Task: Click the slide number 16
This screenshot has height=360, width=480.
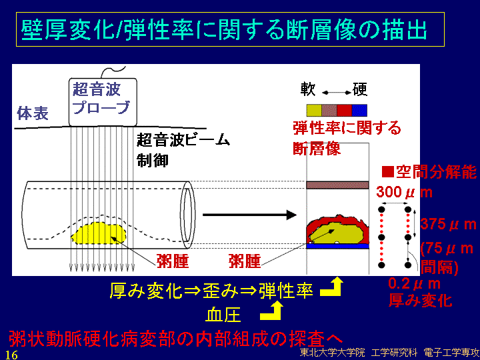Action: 11,355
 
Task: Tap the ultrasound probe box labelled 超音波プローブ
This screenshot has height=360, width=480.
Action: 103,102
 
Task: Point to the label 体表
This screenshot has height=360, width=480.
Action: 33,113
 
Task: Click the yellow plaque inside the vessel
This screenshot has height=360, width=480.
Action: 99,233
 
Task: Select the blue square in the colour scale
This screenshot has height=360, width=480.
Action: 359,111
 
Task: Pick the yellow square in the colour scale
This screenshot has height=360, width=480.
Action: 314,111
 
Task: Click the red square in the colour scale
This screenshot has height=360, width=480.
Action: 345,111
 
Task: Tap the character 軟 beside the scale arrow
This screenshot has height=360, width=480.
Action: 307,89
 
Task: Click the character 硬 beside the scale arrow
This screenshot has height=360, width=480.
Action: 360,89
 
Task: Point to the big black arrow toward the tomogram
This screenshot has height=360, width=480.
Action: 249,215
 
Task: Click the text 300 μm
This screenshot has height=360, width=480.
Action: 404,192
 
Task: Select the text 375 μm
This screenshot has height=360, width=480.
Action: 448,225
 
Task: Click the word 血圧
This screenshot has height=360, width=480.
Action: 223,315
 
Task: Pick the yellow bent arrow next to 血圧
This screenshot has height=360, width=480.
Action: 271,311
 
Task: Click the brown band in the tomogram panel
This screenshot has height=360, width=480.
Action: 337,185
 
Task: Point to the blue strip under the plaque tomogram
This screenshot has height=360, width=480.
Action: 337,246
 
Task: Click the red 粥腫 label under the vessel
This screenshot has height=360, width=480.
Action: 173,261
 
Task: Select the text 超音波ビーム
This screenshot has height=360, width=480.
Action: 183,141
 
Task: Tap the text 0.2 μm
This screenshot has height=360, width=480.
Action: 414,284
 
